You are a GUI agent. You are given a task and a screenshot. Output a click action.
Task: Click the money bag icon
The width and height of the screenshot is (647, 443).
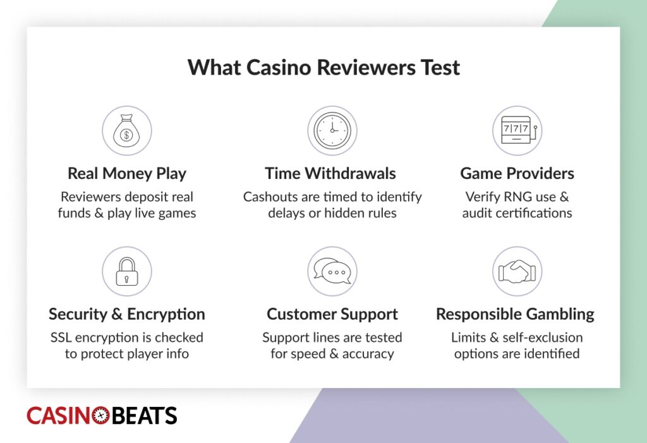(x=127, y=130)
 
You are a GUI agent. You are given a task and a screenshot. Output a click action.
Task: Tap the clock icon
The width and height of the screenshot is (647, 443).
(x=332, y=130)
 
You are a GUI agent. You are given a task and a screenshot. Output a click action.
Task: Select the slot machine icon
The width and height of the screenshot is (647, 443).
(x=517, y=130)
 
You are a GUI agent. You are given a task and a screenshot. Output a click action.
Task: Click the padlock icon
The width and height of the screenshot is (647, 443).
(x=127, y=271)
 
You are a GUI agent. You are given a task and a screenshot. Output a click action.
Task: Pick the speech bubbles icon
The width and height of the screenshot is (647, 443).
(x=332, y=271)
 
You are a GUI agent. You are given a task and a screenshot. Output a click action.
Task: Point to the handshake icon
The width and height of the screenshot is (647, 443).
(x=517, y=271)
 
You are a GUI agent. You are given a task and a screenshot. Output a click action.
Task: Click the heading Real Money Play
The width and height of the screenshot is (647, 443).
(x=127, y=173)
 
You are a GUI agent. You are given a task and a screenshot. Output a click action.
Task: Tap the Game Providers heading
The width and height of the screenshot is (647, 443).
(x=517, y=173)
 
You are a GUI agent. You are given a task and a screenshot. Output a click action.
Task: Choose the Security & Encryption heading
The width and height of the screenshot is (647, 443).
(x=127, y=314)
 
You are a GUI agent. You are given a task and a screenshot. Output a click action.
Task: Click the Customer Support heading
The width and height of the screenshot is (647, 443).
(x=332, y=314)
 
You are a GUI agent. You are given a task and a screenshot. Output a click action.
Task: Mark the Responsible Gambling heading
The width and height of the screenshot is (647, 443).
(x=515, y=314)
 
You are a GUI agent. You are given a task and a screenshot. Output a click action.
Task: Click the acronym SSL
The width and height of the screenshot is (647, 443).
(x=63, y=337)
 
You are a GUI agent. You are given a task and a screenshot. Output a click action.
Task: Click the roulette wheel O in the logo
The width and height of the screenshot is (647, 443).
(x=101, y=415)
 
